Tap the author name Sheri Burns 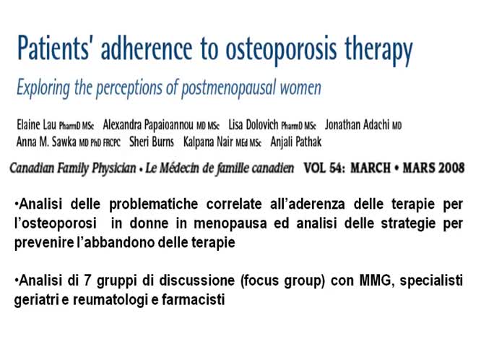tap(148, 142)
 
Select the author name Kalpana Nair tap(209, 142)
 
